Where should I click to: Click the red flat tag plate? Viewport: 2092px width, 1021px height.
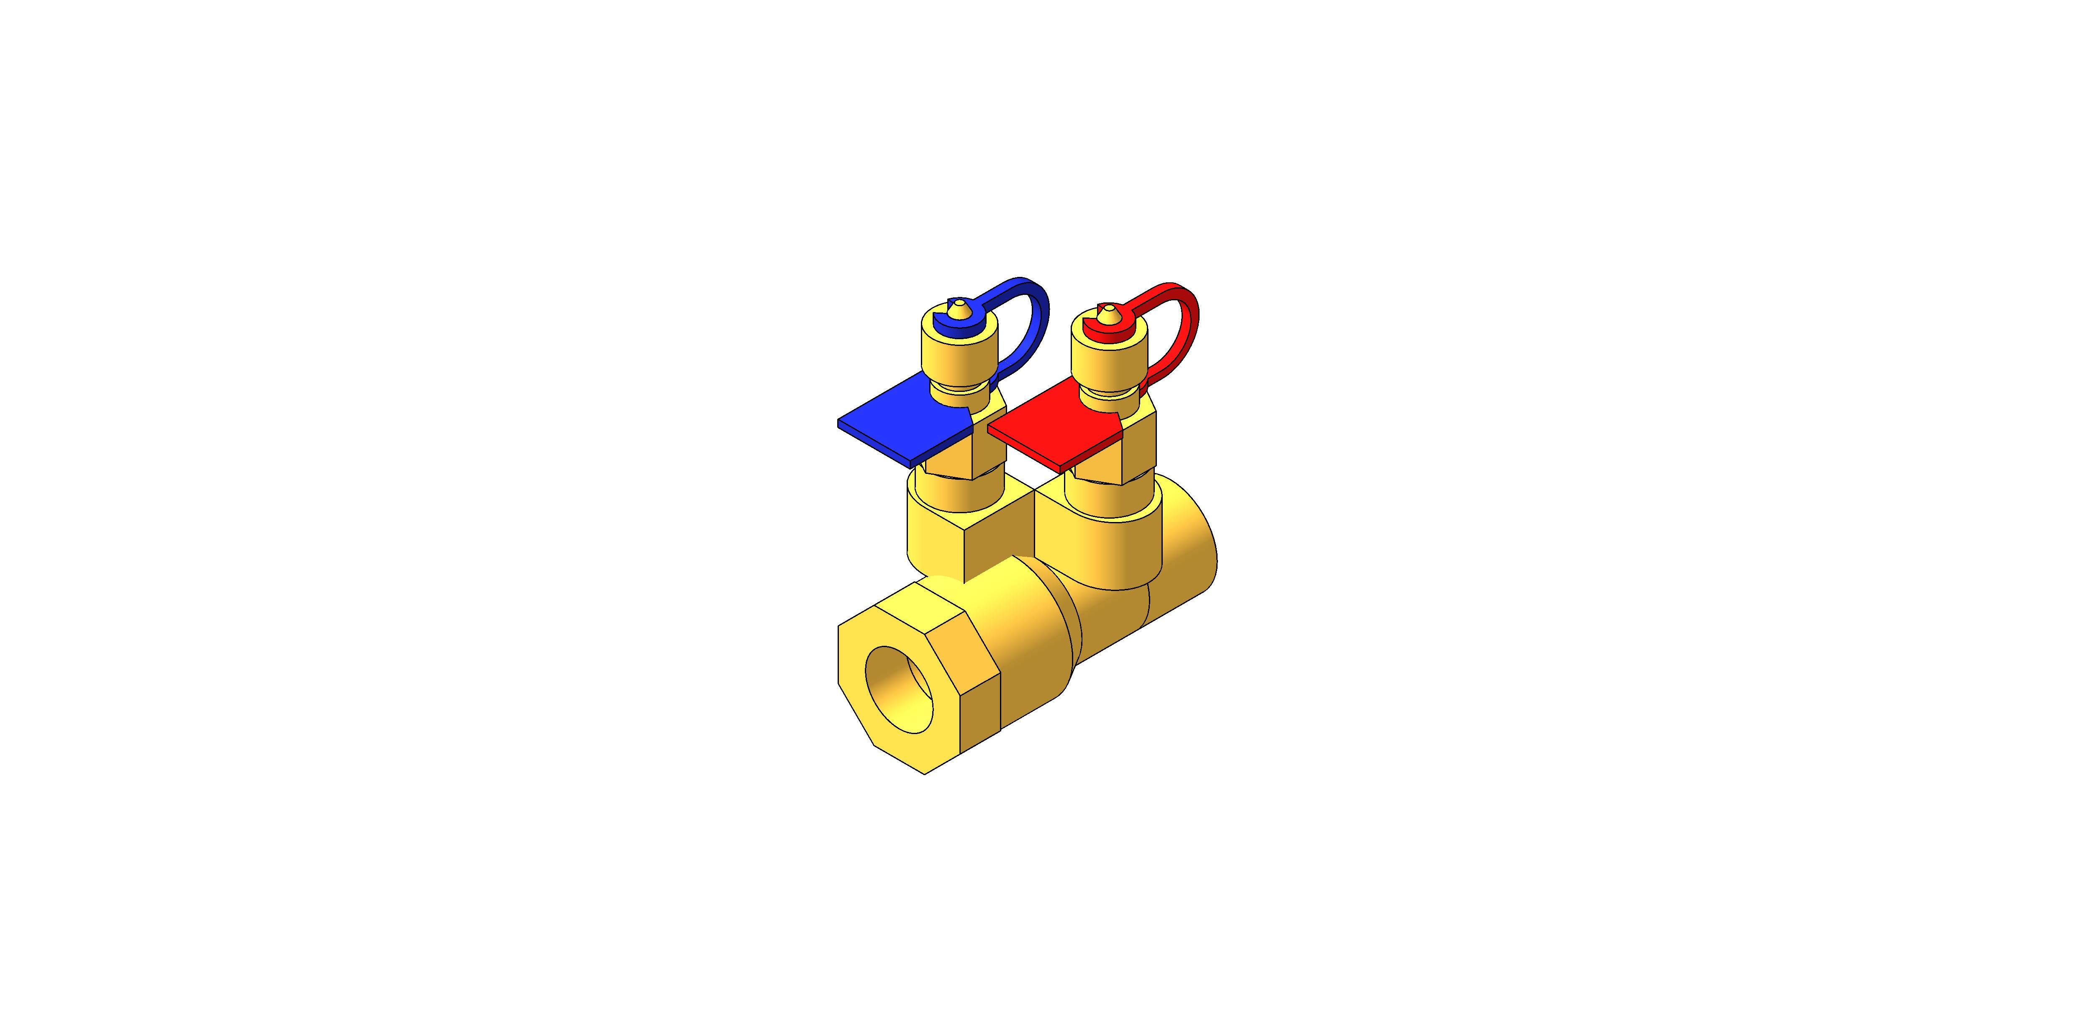1056,438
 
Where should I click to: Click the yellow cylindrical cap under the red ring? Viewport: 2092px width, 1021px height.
1108,361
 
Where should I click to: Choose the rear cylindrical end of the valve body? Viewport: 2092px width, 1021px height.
1190,552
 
